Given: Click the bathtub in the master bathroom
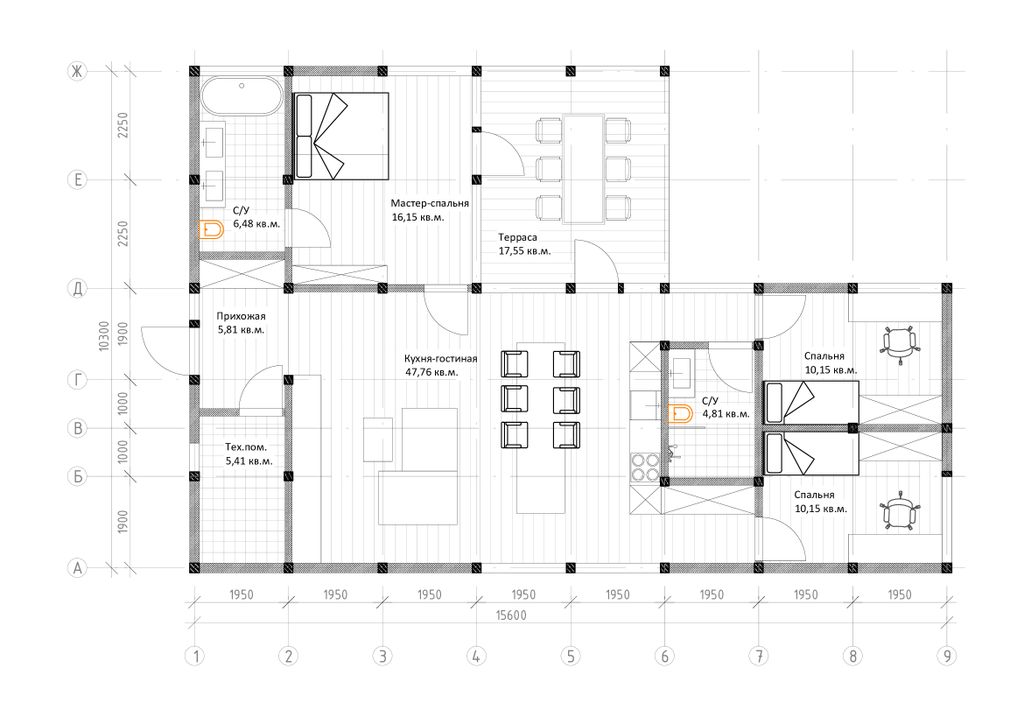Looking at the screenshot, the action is tap(241, 97).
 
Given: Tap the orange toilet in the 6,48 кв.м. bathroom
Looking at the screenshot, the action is tap(211, 229).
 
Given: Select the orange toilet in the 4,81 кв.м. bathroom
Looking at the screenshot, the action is tap(680, 414).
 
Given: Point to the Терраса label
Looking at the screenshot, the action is tap(517, 238).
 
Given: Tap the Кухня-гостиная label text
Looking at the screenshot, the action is tap(440, 358).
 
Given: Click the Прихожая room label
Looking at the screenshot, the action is tap(241, 316).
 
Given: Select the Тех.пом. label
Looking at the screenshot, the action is tap(246, 447).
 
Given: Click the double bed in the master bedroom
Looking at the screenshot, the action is tap(341, 136).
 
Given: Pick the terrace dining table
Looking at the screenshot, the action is tap(583, 169).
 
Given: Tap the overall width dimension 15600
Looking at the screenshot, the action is tap(511, 615).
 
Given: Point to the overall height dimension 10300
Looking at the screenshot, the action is tap(104, 336).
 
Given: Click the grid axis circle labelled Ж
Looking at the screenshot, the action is tap(77, 71).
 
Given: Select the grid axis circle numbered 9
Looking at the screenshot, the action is tap(947, 655).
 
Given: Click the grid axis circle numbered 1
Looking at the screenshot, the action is tap(195, 655).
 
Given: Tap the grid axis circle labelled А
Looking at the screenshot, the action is tap(77, 568).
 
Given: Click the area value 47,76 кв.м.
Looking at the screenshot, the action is tap(432, 372).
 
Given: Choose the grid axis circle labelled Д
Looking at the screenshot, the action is tap(77, 288).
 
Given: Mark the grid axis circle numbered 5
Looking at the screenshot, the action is tap(571, 655).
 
